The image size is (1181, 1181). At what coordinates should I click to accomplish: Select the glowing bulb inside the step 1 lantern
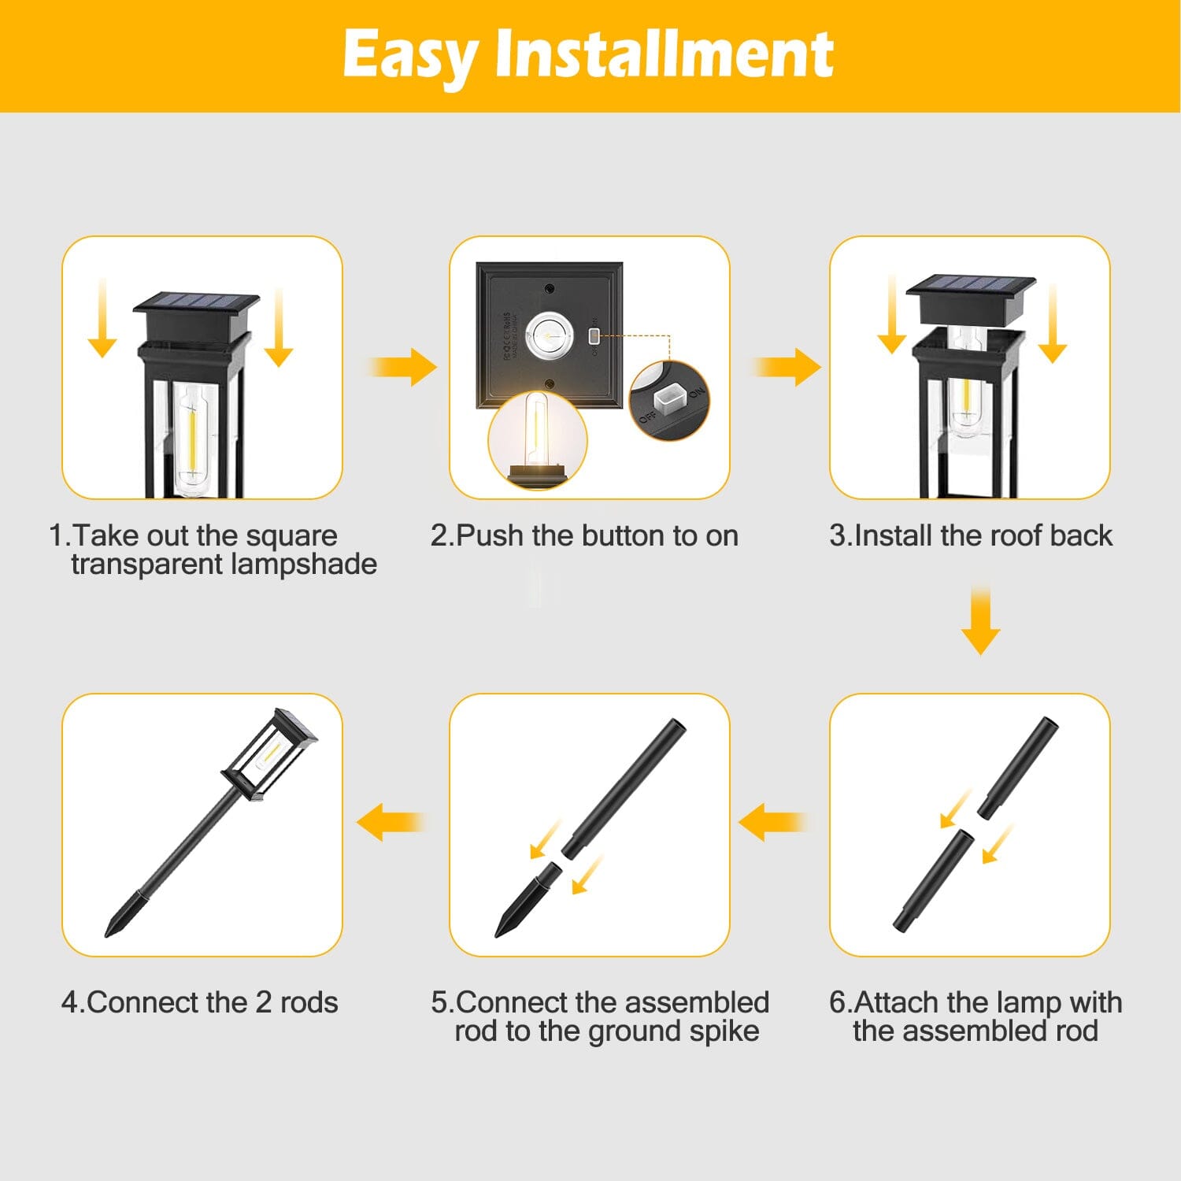point(192,437)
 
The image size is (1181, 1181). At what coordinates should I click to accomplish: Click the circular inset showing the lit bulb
point(538,441)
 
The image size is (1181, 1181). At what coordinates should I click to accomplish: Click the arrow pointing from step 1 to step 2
point(401,367)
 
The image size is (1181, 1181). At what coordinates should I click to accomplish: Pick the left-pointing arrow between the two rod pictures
point(772,823)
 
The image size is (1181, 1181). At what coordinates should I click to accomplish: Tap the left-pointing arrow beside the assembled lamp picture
point(391,823)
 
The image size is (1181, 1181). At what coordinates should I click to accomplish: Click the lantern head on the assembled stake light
point(269,754)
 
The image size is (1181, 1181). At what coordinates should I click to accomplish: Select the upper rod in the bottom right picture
point(1017,768)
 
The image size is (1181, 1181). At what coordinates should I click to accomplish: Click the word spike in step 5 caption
point(722,1031)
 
